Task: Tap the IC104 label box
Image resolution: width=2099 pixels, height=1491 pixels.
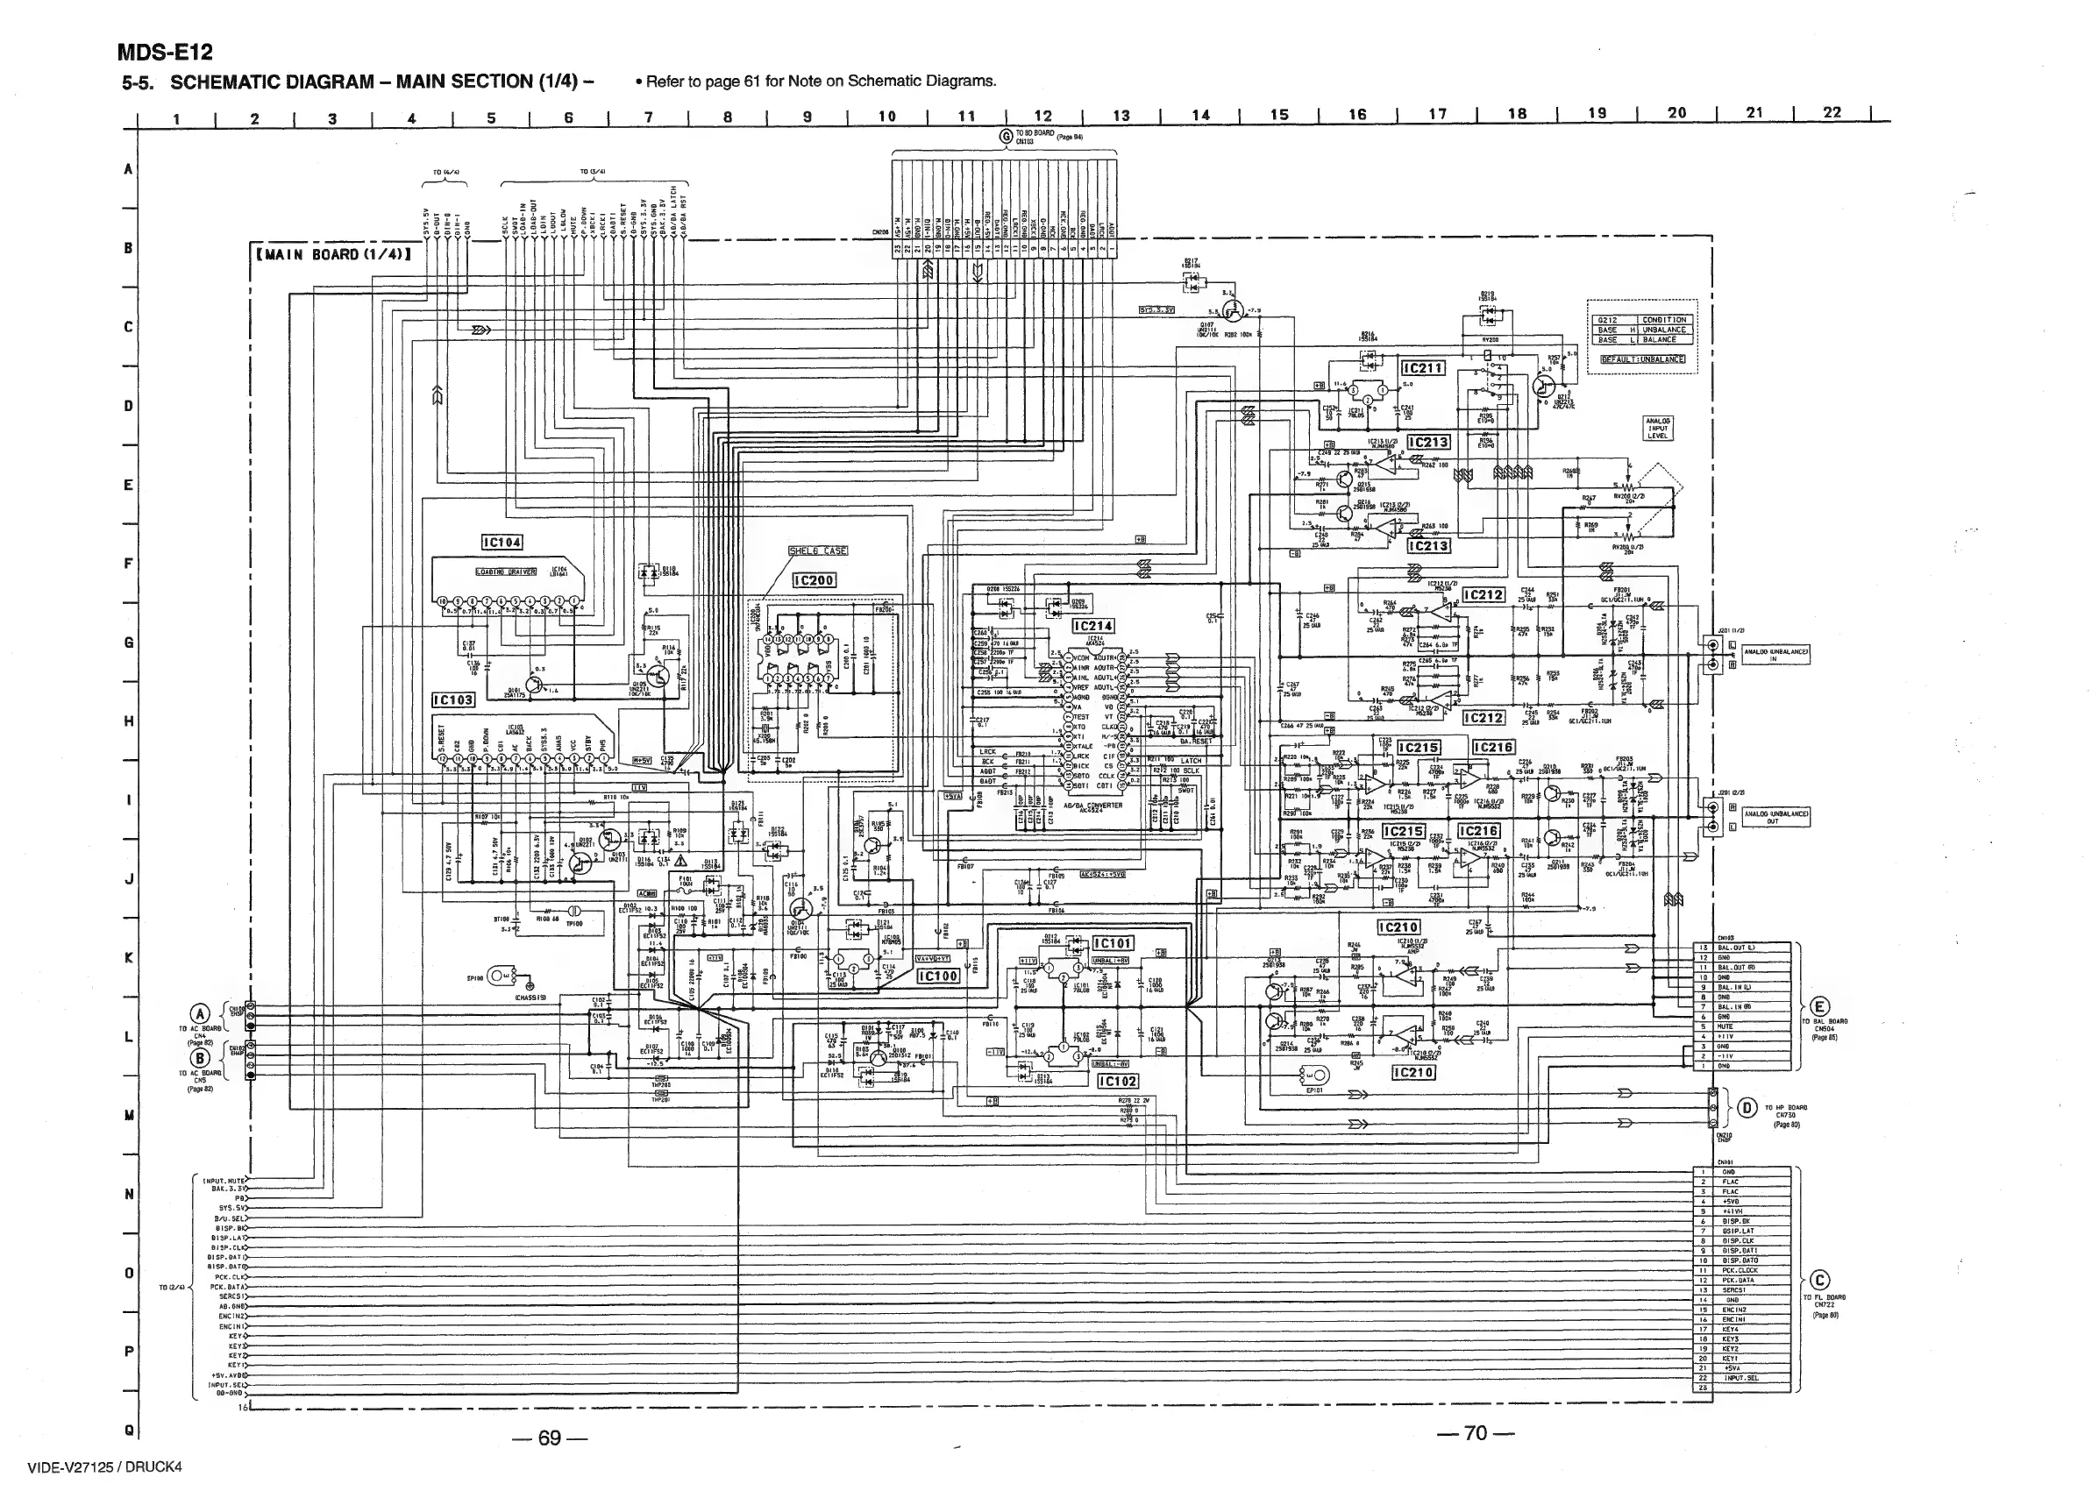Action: [502, 543]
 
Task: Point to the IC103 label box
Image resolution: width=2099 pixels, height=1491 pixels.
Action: [453, 699]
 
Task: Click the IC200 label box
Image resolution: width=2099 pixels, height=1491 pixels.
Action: [815, 580]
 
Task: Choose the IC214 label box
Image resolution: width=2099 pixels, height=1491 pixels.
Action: [1093, 626]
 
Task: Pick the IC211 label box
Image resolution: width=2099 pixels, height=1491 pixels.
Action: [1422, 368]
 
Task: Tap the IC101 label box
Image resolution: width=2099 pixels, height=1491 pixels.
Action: [1114, 944]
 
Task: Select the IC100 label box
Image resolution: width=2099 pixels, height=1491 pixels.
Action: [939, 976]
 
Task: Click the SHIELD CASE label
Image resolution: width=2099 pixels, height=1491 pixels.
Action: [818, 551]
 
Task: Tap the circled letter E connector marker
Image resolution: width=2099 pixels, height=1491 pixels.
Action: [1821, 1005]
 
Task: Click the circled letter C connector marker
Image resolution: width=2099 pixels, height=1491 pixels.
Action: [1820, 1281]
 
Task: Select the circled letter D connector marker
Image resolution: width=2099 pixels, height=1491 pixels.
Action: [1748, 1107]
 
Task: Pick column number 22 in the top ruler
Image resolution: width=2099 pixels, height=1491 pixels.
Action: [1832, 113]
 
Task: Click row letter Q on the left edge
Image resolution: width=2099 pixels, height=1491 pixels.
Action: [129, 1430]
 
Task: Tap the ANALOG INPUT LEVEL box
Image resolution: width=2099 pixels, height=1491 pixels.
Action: [1657, 428]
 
